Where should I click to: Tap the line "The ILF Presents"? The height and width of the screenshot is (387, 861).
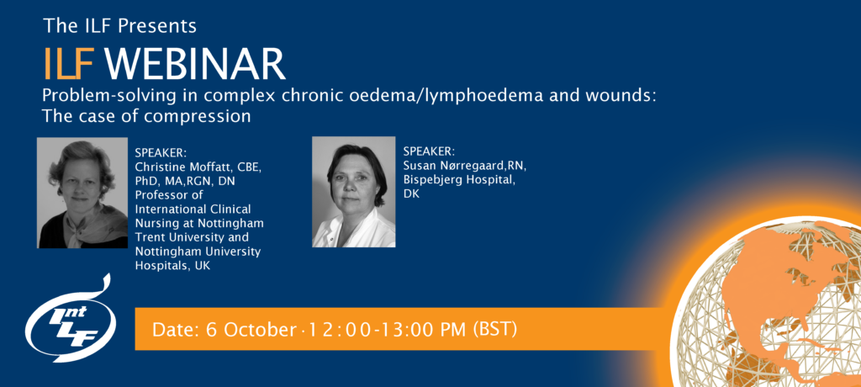(119, 25)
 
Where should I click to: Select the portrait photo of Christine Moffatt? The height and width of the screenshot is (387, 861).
(82, 193)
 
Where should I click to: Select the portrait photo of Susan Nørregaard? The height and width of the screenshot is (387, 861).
(353, 192)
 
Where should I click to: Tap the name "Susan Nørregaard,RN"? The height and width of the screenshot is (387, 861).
(465, 167)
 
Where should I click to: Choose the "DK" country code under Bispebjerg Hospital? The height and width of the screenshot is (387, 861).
(411, 193)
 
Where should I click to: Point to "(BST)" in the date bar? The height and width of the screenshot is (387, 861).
(494, 329)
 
